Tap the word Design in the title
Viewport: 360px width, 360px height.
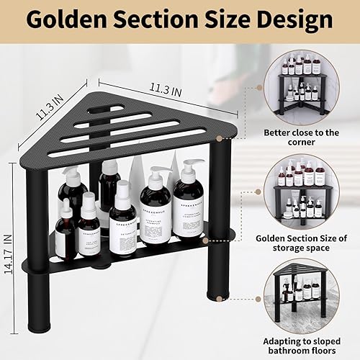tap(294, 21)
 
